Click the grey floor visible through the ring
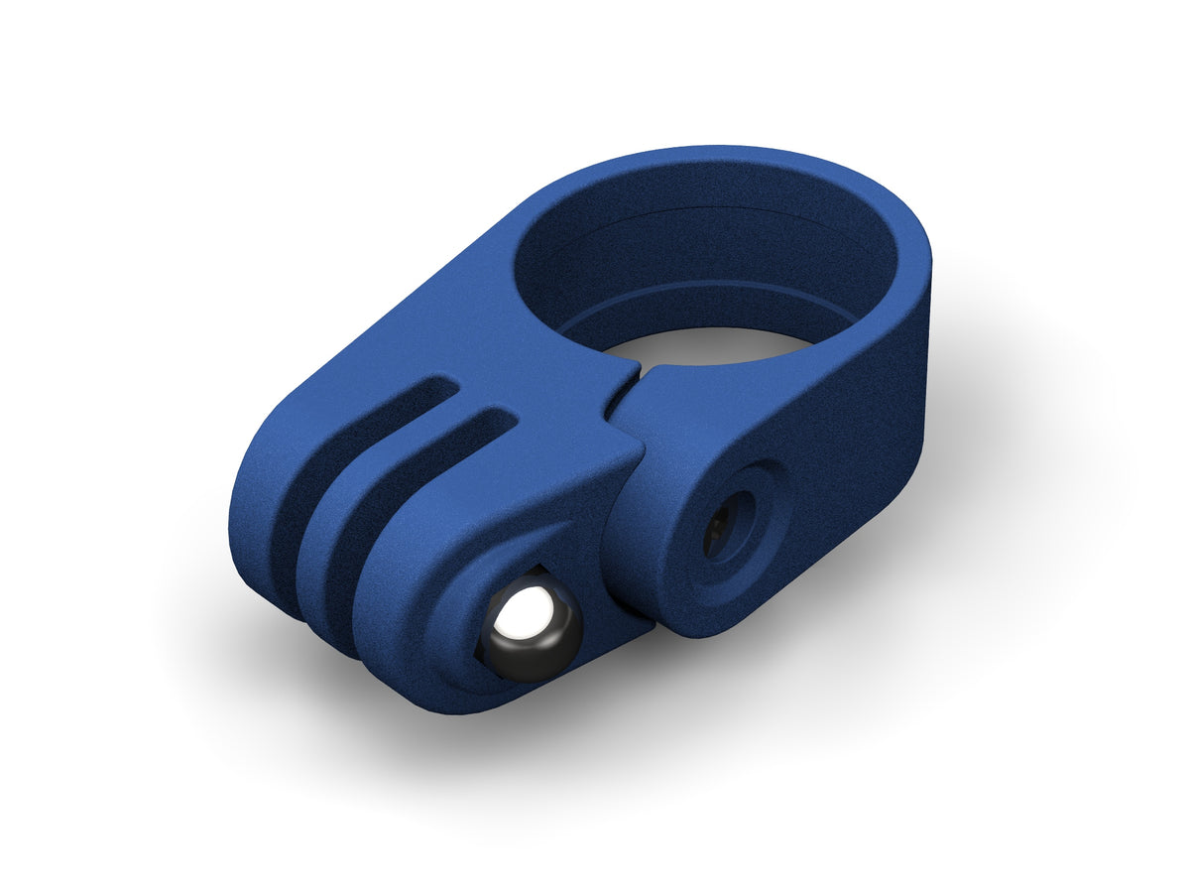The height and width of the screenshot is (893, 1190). tap(714, 342)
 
